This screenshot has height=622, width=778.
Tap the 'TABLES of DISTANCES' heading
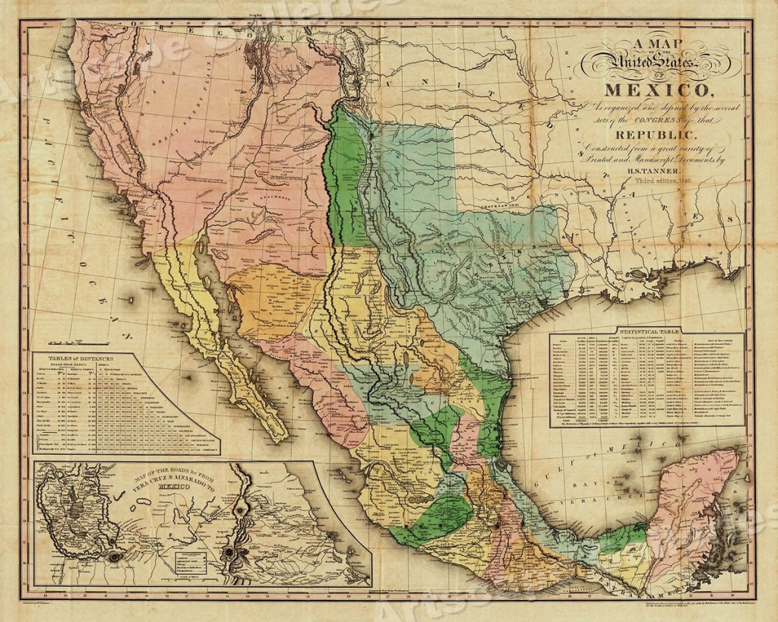pyautogui.click(x=81, y=358)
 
